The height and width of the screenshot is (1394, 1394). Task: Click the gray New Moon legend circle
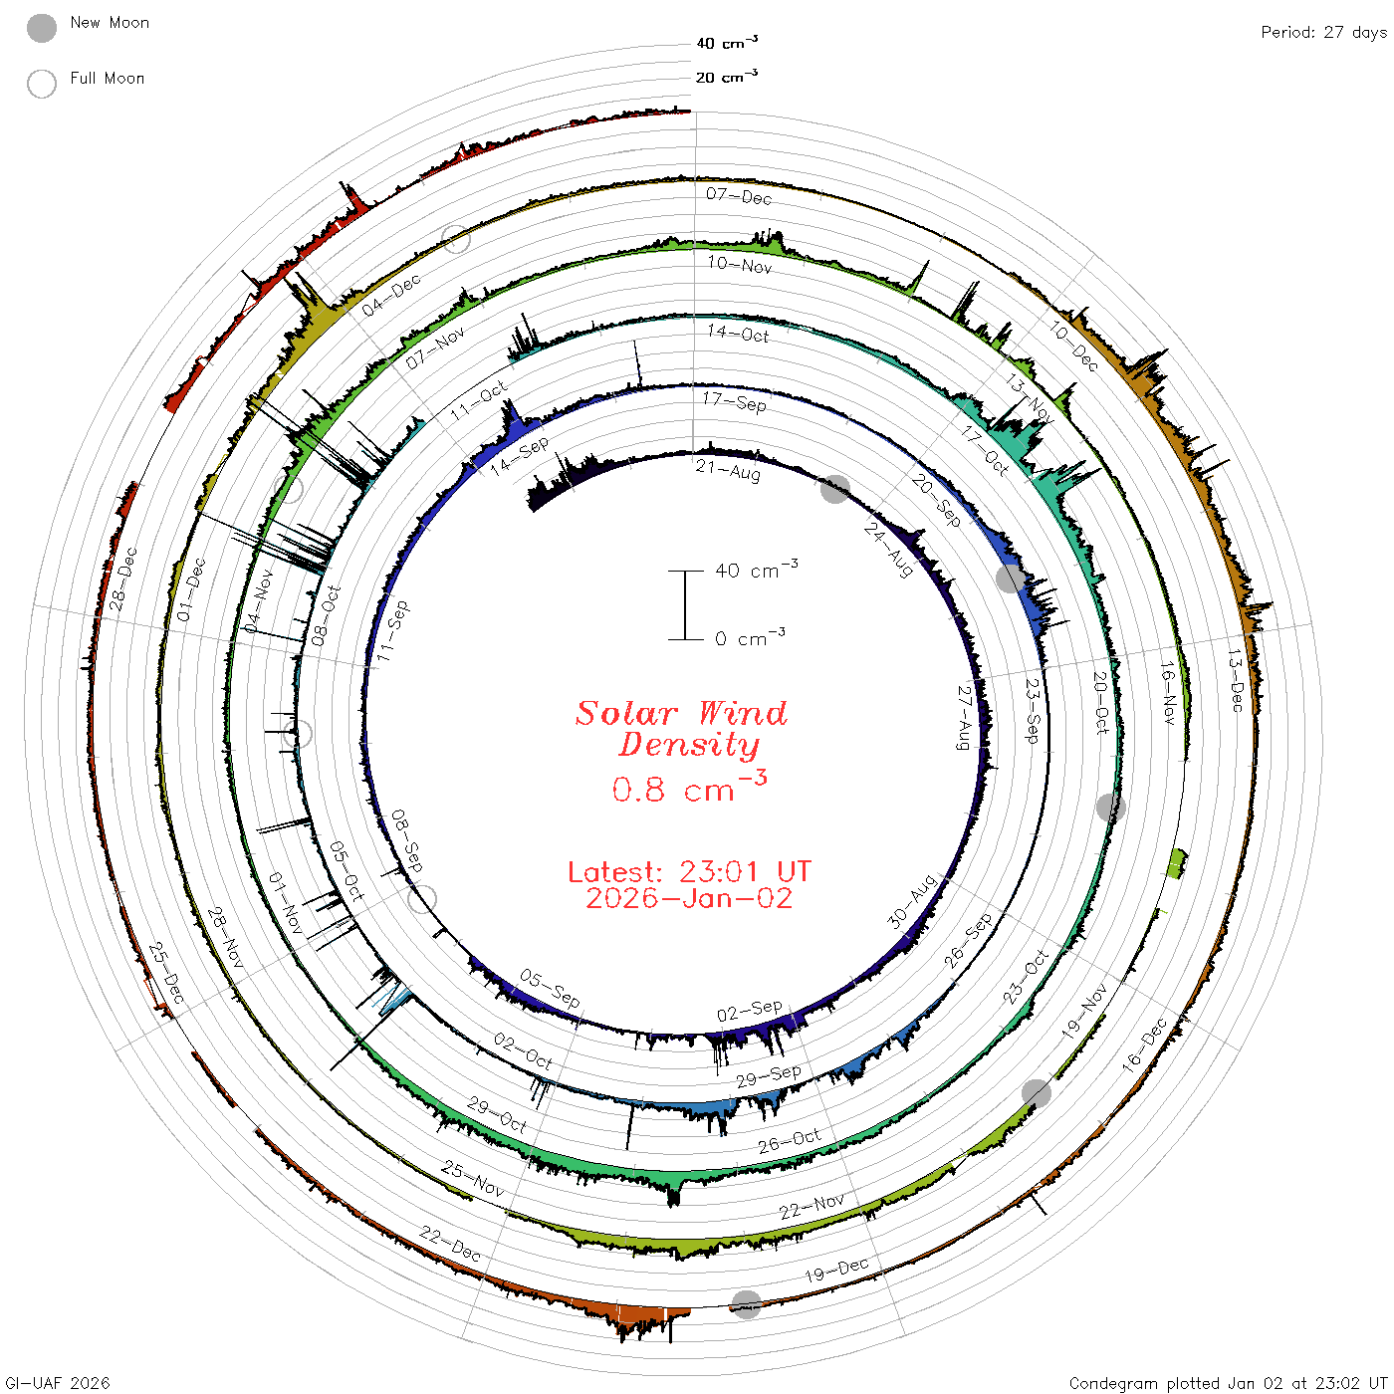41,28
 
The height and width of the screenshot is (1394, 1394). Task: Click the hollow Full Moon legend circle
41,84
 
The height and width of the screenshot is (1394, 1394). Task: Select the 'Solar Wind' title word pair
681,713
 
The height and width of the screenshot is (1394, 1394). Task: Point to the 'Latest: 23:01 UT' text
689,871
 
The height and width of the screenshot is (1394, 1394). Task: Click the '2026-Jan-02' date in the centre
689,898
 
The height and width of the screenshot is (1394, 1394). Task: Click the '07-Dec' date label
739,196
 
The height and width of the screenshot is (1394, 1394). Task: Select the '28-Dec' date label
122,579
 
